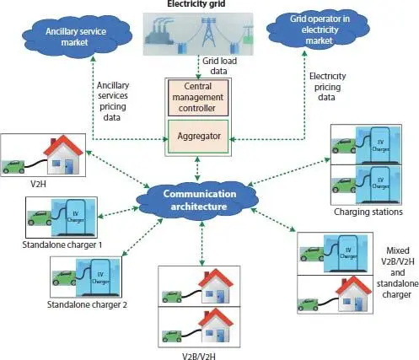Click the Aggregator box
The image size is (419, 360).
pos(198,137)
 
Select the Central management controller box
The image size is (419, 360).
pos(198,98)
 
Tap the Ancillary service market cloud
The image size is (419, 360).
pos(77,36)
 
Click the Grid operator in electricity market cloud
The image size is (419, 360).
pos(319,30)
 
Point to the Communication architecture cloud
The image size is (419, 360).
pos(198,200)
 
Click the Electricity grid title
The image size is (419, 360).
pos(196,4)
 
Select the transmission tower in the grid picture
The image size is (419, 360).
pos(208,32)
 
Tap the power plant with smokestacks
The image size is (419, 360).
pos(159,33)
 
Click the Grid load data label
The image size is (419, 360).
pos(219,66)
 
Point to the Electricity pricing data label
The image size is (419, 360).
pos(327,87)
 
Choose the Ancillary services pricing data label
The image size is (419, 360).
pos(112,101)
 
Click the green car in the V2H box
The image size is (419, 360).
pos(13,166)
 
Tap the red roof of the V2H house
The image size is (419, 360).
pos(63,145)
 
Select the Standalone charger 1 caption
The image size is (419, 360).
pos(62,244)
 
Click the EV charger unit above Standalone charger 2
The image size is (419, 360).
pos(99,277)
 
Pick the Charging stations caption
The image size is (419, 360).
pos(368,212)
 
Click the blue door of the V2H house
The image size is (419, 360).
pos(69,167)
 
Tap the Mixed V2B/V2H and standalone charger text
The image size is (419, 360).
pos(397,272)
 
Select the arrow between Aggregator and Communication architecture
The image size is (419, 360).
pos(198,169)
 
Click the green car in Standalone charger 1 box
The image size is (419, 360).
pos(40,218)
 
